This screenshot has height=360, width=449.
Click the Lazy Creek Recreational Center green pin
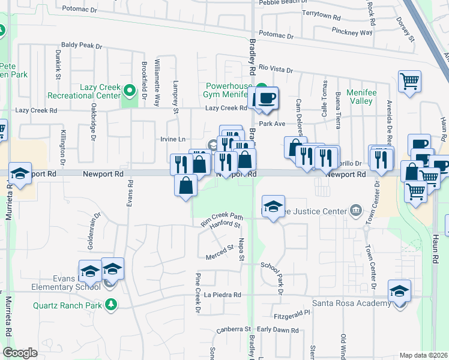point(130,92)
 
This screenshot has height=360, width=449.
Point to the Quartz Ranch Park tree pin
point(110,304)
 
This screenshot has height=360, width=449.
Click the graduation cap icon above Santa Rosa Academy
point(399,291)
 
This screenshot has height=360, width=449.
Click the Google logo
point(20,353)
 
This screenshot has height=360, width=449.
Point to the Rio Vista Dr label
point(277,70)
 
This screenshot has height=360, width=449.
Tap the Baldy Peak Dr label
point(82,45)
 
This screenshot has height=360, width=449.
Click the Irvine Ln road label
point(173,139)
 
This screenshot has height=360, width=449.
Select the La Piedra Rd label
point(222,295)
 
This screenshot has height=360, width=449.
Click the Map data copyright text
point(423,355)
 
